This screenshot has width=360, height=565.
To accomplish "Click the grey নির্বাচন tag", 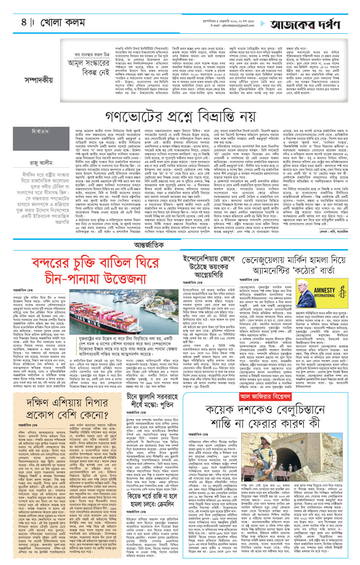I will pos(28,132).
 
